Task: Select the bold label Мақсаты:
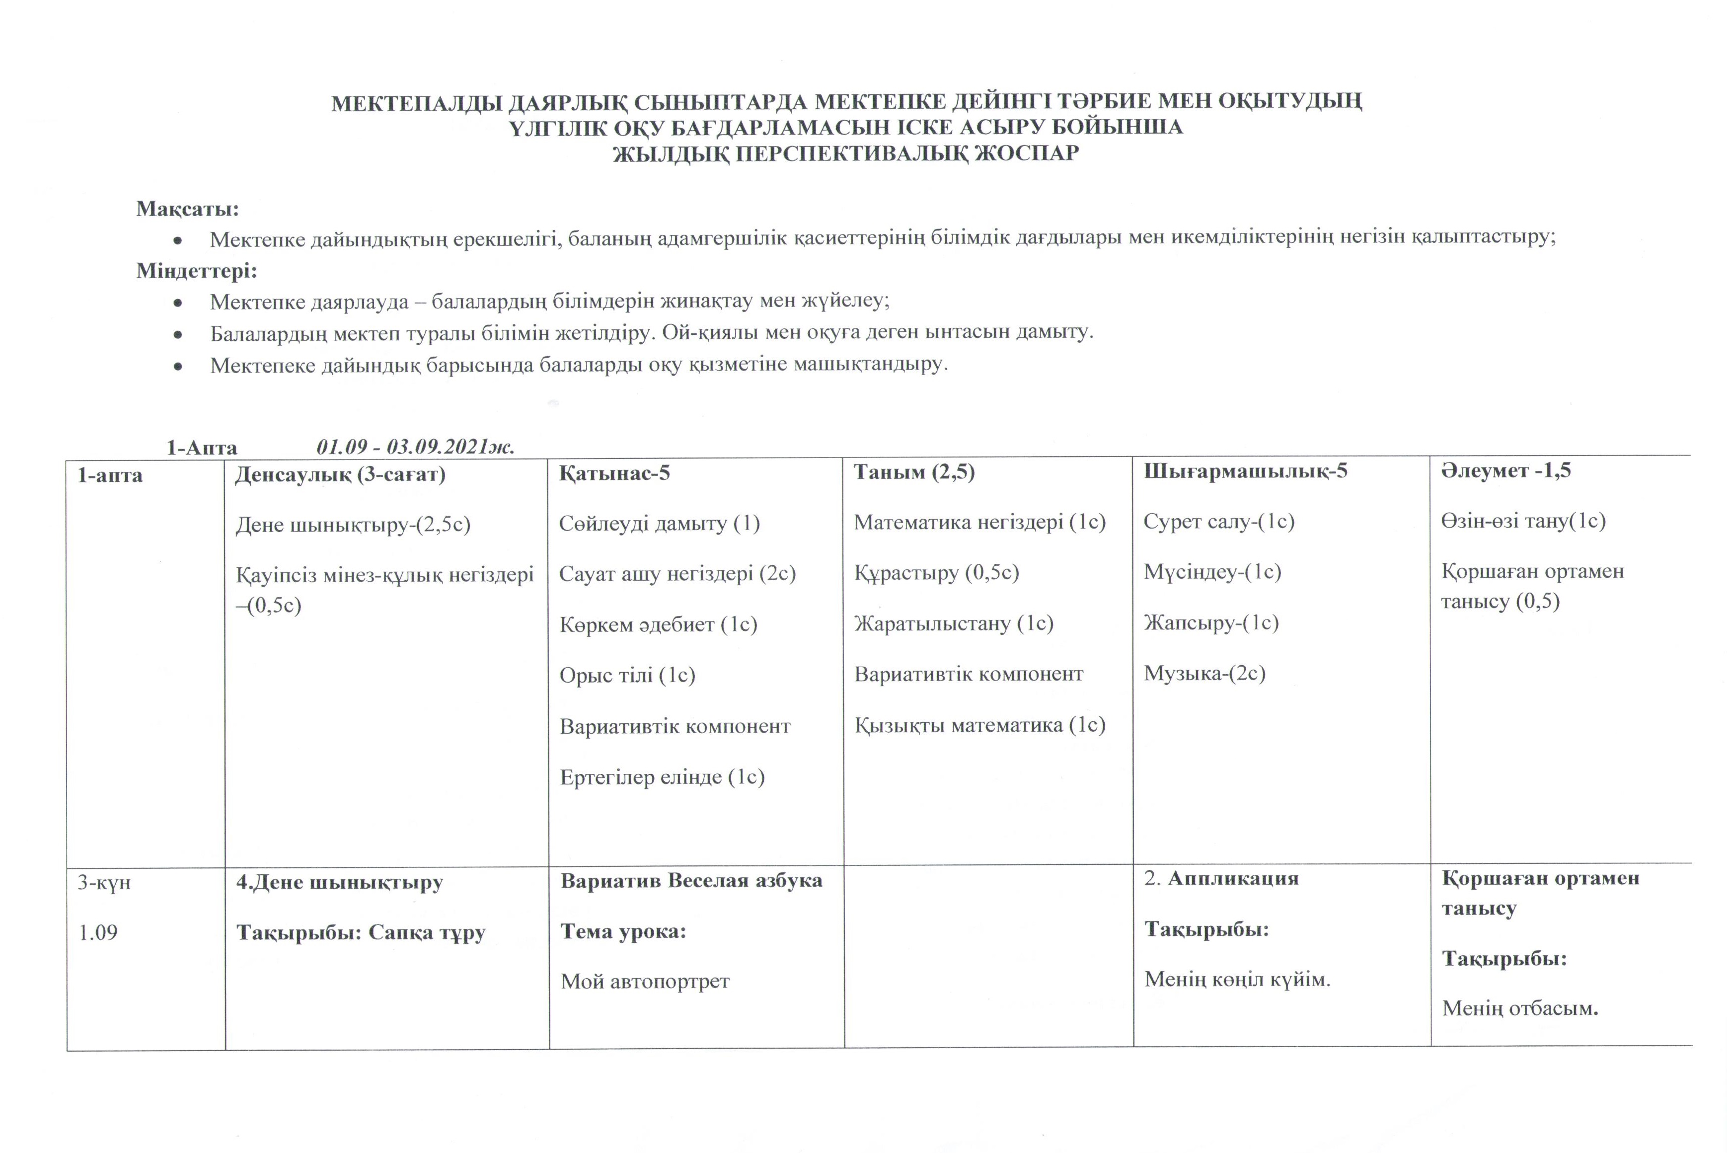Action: [187, 209]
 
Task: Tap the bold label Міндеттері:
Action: [196, 271]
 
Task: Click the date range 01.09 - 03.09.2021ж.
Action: [415, 447]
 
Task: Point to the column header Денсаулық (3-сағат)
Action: [340, 474]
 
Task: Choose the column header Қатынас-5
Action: [614, 473]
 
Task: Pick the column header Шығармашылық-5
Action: [1245, 471]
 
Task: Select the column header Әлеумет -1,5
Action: [1505, 470]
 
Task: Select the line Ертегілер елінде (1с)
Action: [662, 777]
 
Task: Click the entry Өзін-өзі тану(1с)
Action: [1523, 521]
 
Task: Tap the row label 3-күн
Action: [104, 882]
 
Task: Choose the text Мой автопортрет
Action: [645, 981]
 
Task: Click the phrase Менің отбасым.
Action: [1520, 1007]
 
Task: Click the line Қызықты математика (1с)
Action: [979, 725]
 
